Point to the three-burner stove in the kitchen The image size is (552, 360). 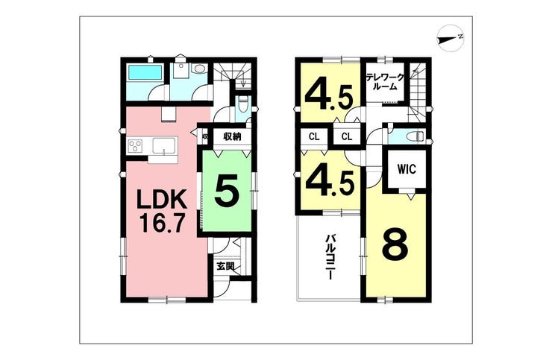pyautogui.click(x=136, y=146)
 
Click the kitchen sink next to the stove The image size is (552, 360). pyautogui.click(x=163, y=145)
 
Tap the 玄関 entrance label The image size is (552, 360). pyautogui.click(x=225, y=265)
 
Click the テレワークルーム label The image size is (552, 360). pyautogui.click(x=384, y=81)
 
